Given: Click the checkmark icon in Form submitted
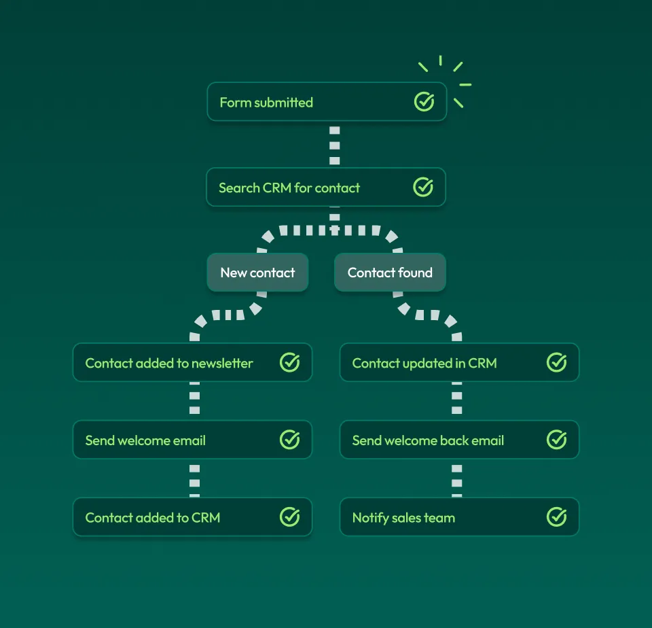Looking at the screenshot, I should pos(424,102).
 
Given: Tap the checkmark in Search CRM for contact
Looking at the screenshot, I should pos(423,187).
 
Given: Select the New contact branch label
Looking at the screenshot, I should pos(257,273).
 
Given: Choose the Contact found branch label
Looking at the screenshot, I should pos(390,273).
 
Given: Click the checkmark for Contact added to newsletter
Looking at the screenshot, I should pos(289,362).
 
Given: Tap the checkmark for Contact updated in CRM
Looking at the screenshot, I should pos(556,362).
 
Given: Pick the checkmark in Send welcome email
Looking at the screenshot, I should pos(289,440).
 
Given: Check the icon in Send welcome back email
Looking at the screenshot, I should pos(556,440).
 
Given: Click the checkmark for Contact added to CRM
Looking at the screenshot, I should pos(289,517).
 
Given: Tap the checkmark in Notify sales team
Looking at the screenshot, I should pos(556,517).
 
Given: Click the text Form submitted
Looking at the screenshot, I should pos(266,103).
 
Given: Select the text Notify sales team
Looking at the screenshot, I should pos(403,518).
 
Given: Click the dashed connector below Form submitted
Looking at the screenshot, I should pos(334,144).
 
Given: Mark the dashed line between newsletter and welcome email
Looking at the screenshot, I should pos(195,400).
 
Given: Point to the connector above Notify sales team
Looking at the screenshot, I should pos(457,478).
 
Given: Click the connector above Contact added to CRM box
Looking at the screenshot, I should pos(195,478).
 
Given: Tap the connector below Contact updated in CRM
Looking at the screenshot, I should pos(457,400).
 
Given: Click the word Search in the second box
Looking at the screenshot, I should pos(239,188).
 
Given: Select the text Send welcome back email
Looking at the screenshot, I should pos(428,440).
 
